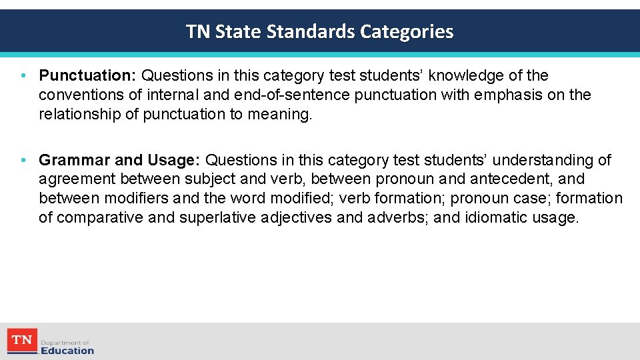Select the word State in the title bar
click(239, 31)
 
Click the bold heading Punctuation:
click(87, 76)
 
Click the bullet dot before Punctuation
click(24, 76)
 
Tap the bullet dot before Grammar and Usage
click(24, 161)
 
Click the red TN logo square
click(21, 341)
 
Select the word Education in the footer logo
click(67, 351)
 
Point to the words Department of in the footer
click(65, 342)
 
